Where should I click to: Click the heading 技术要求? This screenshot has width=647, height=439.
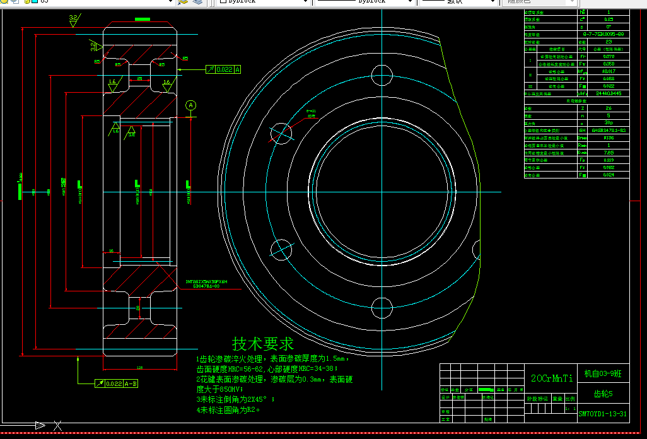pyautogui.click(x=263, y=344)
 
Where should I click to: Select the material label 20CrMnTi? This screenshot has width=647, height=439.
pyautogui.click(x=552, y=378)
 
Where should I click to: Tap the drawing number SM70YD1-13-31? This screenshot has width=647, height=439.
pyautogui.click(x=602, y=414)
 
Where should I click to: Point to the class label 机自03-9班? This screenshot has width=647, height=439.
pyautogui.click(x=603, y=374)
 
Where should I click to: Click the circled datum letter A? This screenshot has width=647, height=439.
pyautogui.click(x=192, y=105)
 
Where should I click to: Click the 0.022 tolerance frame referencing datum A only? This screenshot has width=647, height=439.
pyautogui.click(x=226, y=69)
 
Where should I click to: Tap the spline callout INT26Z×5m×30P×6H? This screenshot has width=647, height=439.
pyautogui.click(x=210, y=282)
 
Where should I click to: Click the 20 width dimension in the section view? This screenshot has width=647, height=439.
pyautogui.click(x=139, y=78)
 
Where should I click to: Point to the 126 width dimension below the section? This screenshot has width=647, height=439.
pyautogui.click(x=139, y=367)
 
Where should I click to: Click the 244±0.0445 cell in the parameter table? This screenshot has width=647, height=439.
pyautogui.click(x=608, y=93)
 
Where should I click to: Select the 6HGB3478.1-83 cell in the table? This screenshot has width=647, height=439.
pyautogui.click(x=608, y=130)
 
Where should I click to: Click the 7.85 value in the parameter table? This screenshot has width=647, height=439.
pyautogui.click(x=608, y=152)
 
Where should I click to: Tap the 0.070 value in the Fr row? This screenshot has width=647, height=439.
pyautogui.click(x=608, y=56)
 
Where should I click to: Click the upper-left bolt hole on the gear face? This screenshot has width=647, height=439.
pyautogui.click(x=281, y=132)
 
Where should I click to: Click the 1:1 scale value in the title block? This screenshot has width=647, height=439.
pyautogui.click(x=570, y=408)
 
